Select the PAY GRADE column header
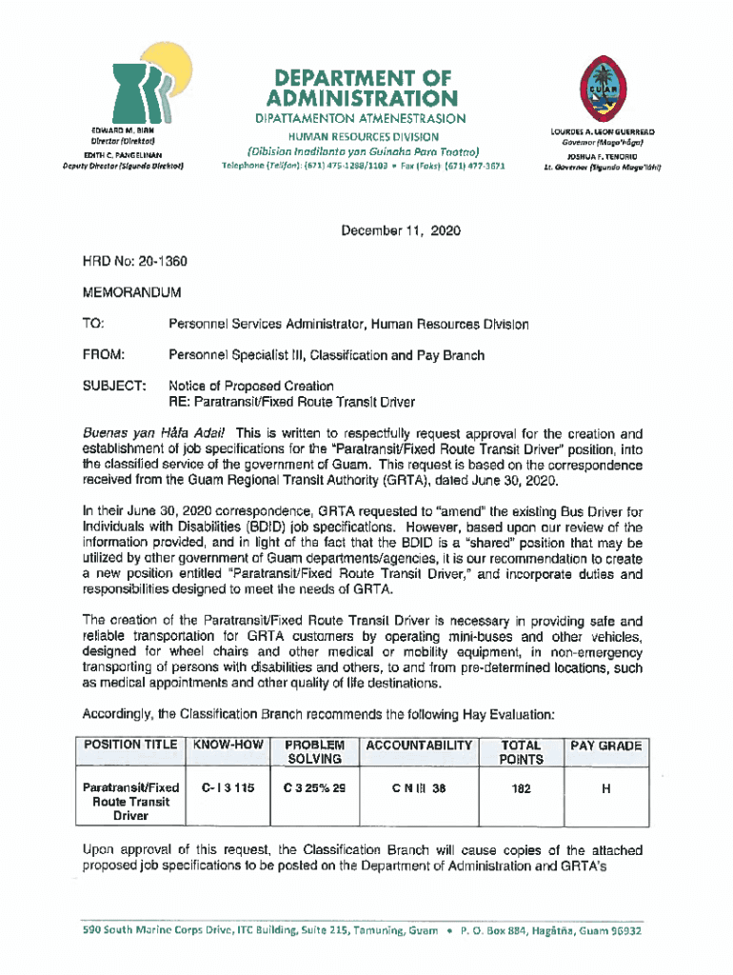pyautogui.click(x=606, y=746)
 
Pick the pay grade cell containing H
pyautogui.click(x=606, y=788)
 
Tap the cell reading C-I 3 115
pyautogui.click(x=228, y=788)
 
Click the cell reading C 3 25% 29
pyautogui.click(x=314, y=788)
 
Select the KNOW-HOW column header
pyautogui.click(x=228, y=746)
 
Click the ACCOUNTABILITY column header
pyautogui.click(x=418, y=746)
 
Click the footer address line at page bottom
pyautogui.click(x=363, y=931)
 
